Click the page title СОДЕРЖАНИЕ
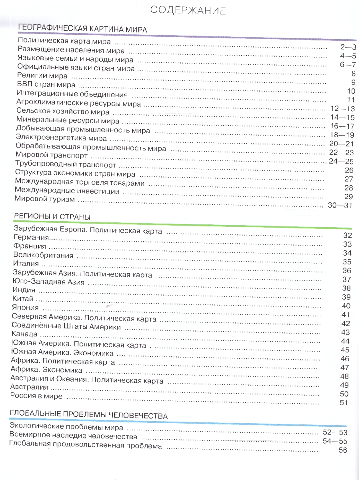pos(188,10)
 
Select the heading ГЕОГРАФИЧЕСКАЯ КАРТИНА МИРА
pos(83,29)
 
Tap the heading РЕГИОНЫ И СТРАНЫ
pos(52,216)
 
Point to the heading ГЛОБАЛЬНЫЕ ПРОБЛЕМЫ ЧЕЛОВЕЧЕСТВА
pos(88,416)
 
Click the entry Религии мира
pos(42,75)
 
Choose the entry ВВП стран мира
pos(46,85)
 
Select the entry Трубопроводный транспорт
pos(66,164)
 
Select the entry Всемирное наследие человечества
pos(73,436)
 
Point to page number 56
pos(343,450)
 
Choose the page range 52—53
pos(335,432)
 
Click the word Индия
pos(24,290)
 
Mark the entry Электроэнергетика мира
pos(61,138)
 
